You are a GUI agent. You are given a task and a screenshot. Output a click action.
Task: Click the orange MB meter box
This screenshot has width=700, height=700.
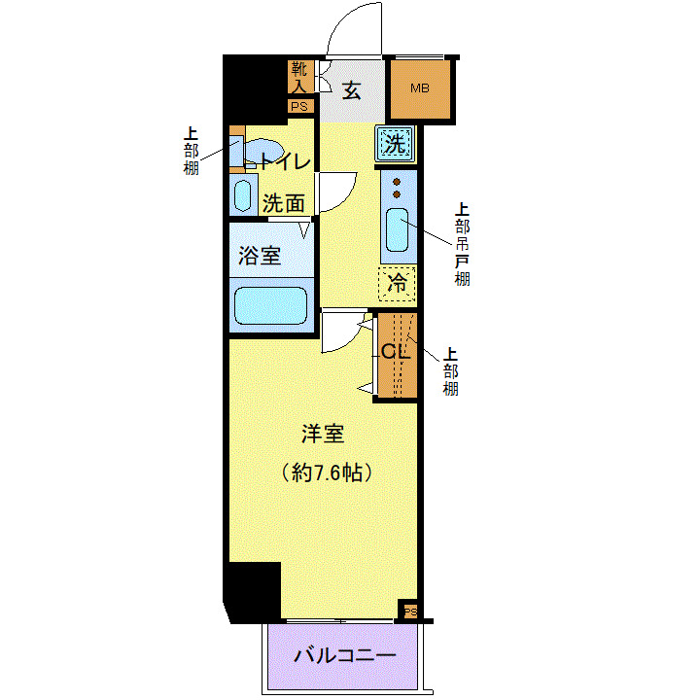[420, 89]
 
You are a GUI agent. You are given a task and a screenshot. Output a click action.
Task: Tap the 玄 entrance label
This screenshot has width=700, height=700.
[352, 90]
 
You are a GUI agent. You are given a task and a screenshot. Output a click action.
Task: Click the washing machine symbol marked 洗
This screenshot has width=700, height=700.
[395, 145]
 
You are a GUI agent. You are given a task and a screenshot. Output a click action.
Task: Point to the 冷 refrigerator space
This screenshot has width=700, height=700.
[397, 284]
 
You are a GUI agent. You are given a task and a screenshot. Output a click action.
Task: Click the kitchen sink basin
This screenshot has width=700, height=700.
[398, 230]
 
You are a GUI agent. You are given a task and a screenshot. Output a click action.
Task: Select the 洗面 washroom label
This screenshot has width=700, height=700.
[284, 203]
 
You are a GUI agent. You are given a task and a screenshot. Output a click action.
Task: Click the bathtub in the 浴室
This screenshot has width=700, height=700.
[270, 305]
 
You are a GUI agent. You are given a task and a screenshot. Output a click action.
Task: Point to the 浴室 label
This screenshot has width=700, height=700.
[260, 256]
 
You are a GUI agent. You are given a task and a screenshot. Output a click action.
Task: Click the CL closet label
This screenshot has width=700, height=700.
[395, 352]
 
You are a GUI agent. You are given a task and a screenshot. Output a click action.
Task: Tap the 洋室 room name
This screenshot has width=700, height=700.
[322, 435]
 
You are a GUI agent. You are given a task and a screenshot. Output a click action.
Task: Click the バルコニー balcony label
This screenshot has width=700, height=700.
[346, 656]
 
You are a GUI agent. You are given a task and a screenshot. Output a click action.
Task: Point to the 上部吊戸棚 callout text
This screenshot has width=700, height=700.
[463, 244]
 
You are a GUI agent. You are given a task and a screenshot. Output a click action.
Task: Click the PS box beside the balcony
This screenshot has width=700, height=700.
[410, 612]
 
